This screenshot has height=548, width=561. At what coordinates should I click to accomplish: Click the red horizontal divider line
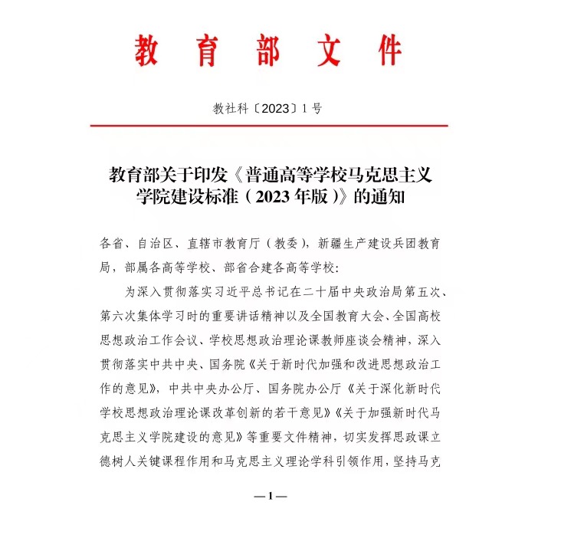[268, 125]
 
